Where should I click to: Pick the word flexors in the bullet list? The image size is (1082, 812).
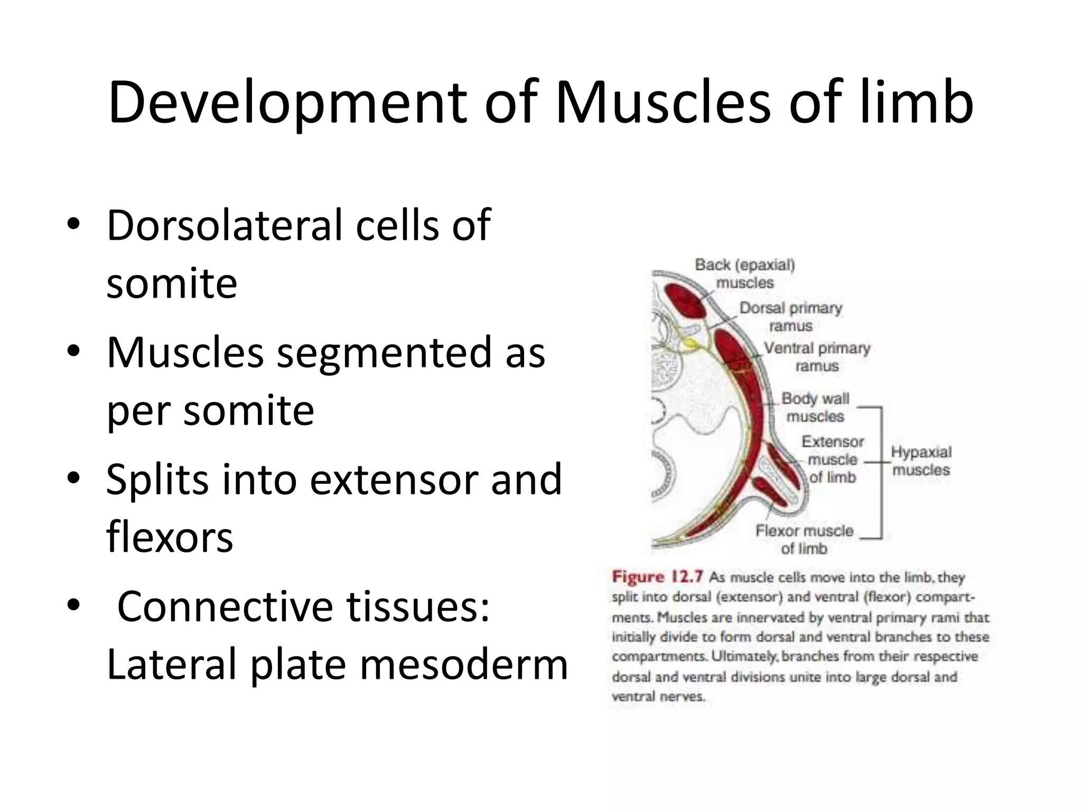pos(170,537)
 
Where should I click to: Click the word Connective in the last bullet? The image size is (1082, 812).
pos(225,606)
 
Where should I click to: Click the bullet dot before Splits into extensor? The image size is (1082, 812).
pos(73,478)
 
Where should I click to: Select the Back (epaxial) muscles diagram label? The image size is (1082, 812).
pos(744,273)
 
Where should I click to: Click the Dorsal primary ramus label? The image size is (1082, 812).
pos(790,316)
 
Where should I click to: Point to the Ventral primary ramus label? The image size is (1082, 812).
pos(817,357)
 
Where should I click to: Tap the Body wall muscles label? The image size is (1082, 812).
pos(815,407)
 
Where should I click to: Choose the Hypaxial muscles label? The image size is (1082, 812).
pos(921,460)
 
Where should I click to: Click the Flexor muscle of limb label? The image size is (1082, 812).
pos(804,539)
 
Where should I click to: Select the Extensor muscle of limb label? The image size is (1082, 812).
pos(833,459)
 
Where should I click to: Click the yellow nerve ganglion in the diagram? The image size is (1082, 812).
pos(689,343)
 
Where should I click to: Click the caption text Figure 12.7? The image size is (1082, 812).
pos(657,576)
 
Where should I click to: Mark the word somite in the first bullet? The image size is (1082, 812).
pos(172,283)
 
